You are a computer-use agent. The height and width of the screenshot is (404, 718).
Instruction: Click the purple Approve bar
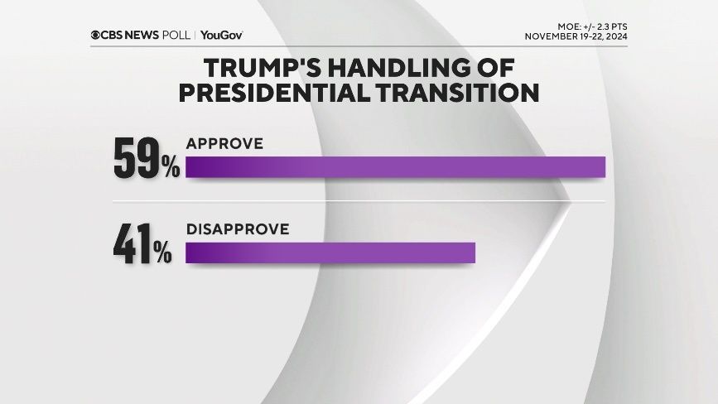coord(395,167)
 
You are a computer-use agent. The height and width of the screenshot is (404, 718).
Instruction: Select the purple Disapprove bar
coord(330,252)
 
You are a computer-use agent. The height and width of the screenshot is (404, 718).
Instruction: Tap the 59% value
coord(147,159)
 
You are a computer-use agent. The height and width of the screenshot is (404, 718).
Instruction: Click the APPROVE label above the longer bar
coord(224,143)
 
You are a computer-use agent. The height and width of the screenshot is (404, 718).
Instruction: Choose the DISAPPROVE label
coord(238,229)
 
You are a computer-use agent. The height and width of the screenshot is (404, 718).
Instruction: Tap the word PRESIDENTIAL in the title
coord(274,93)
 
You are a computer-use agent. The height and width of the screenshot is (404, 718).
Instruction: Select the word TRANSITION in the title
coord(456,93)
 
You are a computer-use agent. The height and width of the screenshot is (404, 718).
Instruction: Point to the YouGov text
coord(221,35)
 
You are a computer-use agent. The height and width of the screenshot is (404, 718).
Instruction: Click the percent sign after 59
coord(171,167)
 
